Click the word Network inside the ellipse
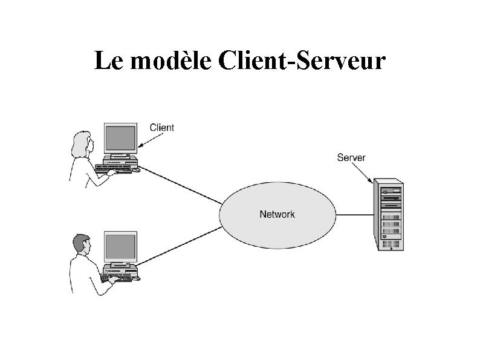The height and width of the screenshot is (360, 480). pyautogui.click(x=277, y=214)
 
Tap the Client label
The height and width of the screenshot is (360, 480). pyautogui.click(x=161, y=128)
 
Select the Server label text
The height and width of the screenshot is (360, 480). pyautogui.click(x=351, y=158)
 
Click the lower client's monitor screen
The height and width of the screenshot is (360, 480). pyautogui.click(x=120, y=247)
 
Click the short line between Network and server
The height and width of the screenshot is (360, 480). pyautogui.click(x=354, y=214)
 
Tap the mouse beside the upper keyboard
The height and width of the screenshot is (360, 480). pyautogui.click(x=137, y=170)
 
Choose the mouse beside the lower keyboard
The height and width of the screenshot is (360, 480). pyautogui.click(x=137, y=279)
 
